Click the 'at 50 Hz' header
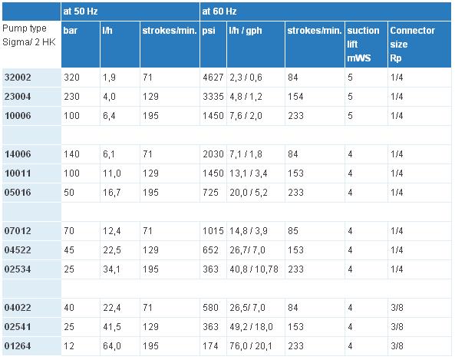[x=81, y=12]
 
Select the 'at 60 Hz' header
[x=219, y=12]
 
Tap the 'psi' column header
[x=209, y=31]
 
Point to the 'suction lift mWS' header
[x=363, y=44]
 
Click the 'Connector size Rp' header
[x=412, y=44]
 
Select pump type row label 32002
[x=18, y=78]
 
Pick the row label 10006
[x=18, y=116]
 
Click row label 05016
[x=18, y=192]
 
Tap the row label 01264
[x=18, y=345]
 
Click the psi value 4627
[x=213, y=78]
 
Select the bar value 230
[x=71, y=97]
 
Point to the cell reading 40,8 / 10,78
[x=254, y=269]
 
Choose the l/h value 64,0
[x=112, y=345]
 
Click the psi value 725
[x=210, y=192]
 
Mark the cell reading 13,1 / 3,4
[x=249, y=173]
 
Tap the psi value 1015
[x=213, y=231]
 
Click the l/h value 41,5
[x=112, y=327]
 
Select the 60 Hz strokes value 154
[x=295, y=97]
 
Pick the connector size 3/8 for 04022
[x=397, y=308]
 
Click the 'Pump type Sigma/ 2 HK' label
[x=28, y=35]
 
